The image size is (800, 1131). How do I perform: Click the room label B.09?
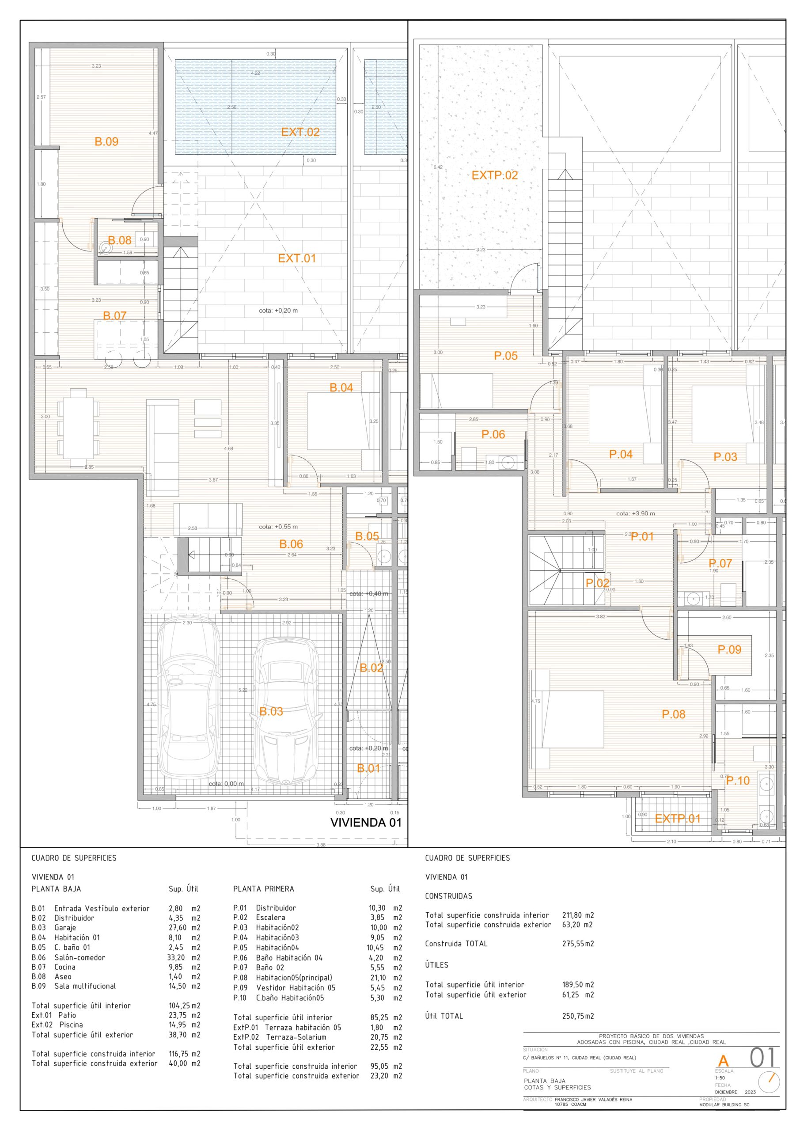pos(106,142)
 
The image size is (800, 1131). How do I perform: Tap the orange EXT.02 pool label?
pos(300,132)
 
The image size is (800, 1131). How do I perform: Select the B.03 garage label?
pos(271,711)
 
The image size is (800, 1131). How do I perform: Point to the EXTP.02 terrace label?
pos(495,175)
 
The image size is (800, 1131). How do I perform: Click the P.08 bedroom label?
pos(673,714)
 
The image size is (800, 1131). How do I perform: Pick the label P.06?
pos(493,434)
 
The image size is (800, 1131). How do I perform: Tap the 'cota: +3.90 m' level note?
pos(636,513)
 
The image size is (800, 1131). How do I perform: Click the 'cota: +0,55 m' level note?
pos(278,527)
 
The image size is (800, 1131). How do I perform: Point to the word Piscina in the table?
pos(71,1025)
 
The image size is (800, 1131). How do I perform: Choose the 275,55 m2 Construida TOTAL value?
pos(578,944)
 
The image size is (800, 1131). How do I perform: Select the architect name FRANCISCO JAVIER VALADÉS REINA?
pos(593,1100)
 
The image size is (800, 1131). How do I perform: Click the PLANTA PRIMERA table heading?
pos(264,889)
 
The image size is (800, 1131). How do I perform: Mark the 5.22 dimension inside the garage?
pos(243,690)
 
